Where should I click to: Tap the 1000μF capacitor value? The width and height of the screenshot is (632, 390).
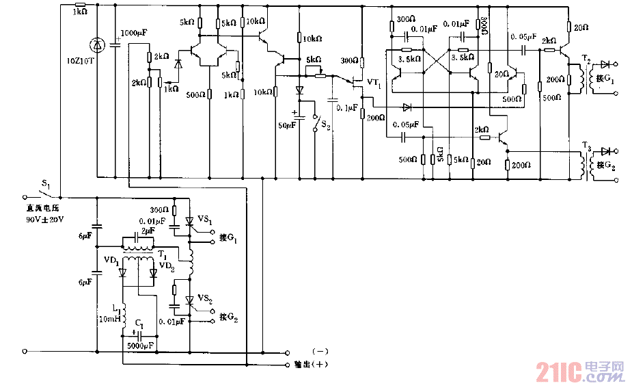tap(134, 33)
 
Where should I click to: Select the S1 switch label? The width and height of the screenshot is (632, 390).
tap(46, 185)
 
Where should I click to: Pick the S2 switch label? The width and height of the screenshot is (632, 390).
tap(326, 126)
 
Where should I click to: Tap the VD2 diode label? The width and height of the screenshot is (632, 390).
tap(166, 265)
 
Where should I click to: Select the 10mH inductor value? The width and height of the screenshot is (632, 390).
tap(109, 319)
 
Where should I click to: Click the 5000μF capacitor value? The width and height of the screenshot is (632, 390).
tap(140, 346)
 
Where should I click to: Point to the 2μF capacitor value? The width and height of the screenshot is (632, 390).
tap(148, 231)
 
